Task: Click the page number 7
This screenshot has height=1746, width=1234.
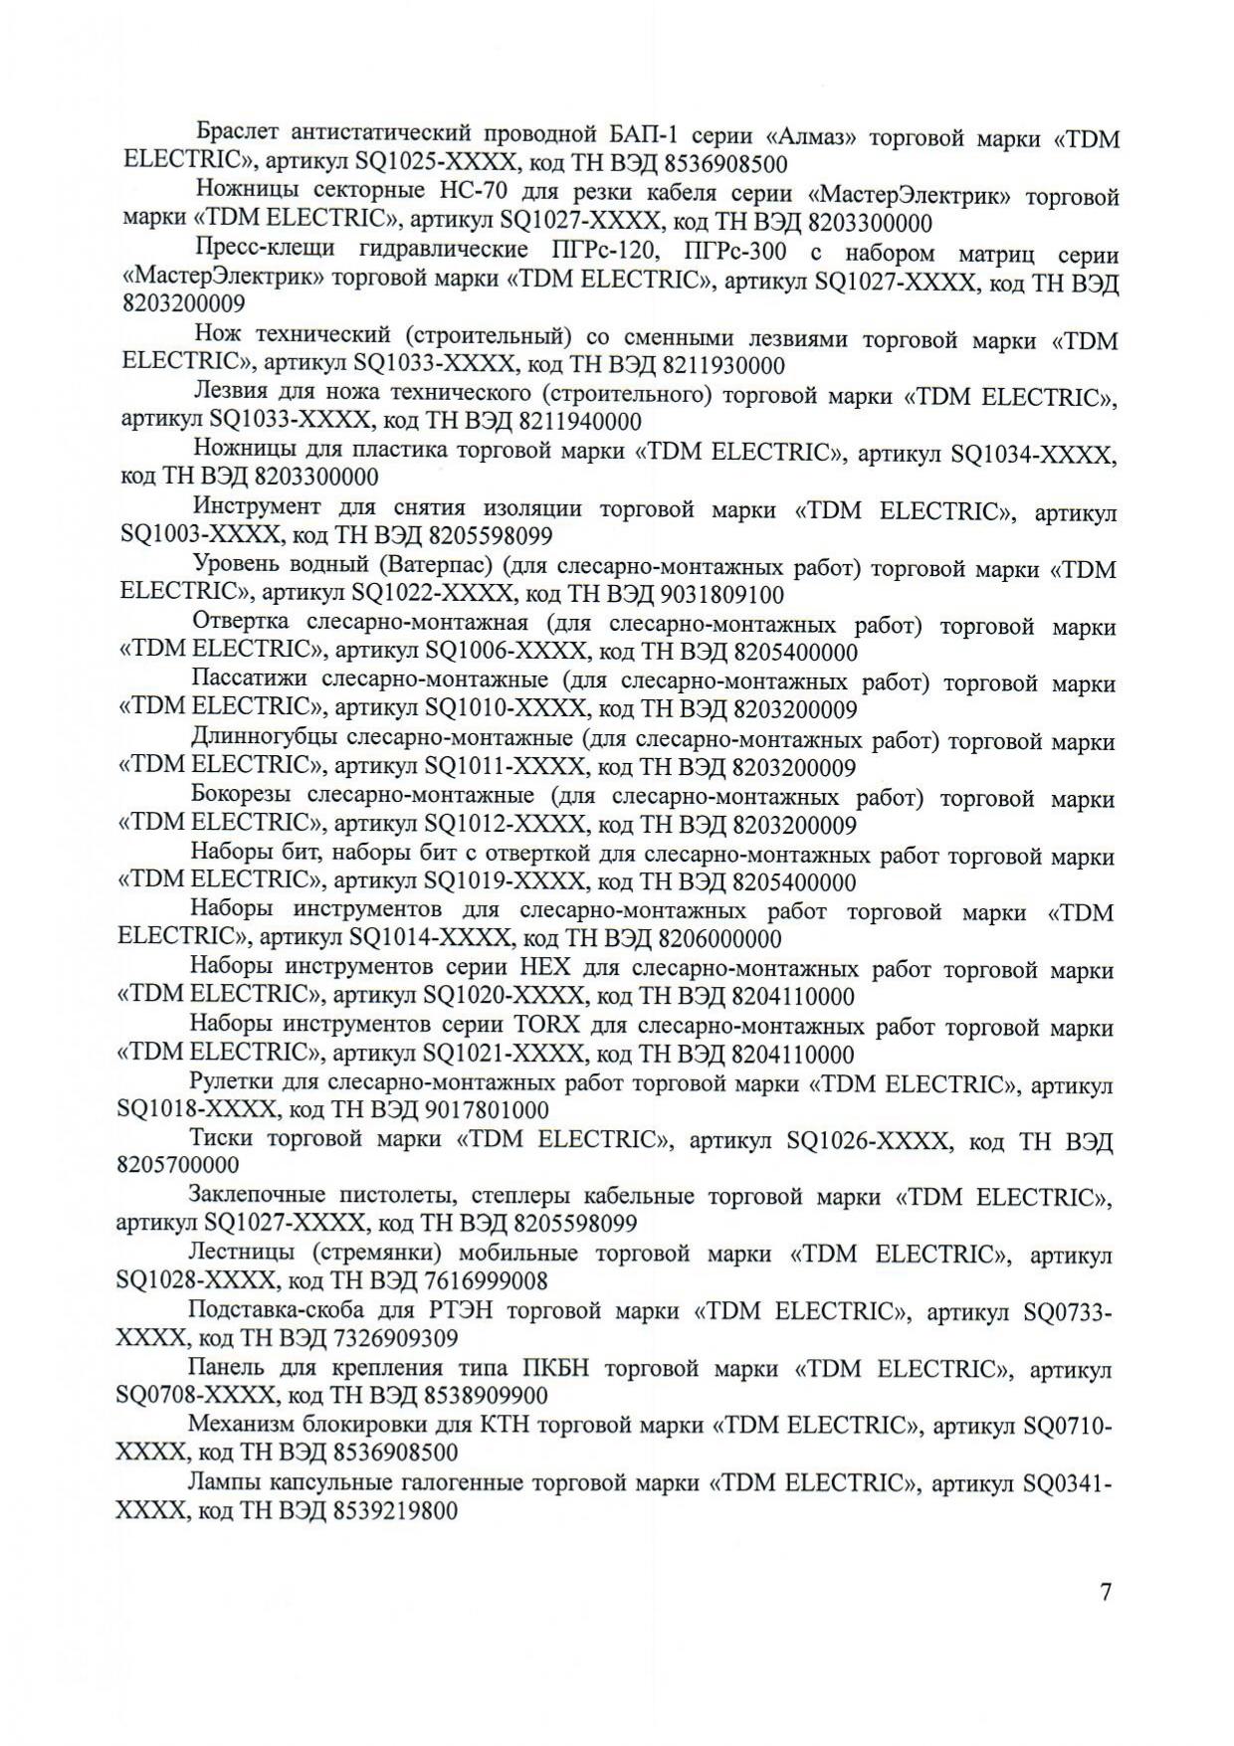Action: click(1106, 1592)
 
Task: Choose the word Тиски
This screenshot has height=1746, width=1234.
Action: click(220, 1139)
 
